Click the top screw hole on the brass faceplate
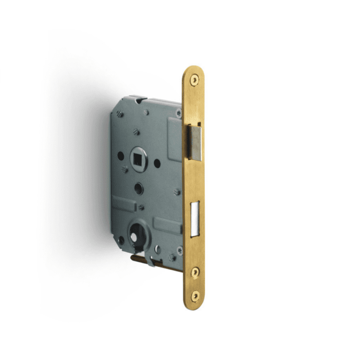click(194, 80)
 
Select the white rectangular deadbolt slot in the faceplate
click(196, 219)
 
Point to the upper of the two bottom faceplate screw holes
click(195, 271)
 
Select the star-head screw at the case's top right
click(178, 113)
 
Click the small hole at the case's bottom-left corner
click(121, 240)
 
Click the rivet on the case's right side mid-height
click(177, 191)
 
